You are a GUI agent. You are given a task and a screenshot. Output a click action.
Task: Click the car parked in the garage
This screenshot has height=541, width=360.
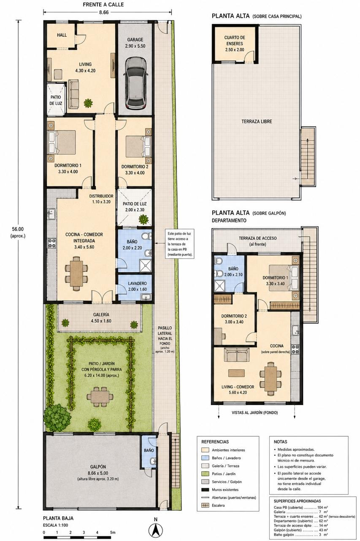[x=136, y=83]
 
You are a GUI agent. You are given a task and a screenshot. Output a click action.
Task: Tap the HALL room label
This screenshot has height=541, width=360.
[x=62, y=35]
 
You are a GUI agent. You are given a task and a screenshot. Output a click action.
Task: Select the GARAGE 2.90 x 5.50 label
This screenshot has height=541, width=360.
[x=135, y=43]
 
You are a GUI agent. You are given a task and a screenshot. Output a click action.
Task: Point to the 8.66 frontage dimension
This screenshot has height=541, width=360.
[x=104, y=12]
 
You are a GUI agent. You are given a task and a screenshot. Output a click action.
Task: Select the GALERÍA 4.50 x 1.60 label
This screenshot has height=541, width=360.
[x=101, y=317]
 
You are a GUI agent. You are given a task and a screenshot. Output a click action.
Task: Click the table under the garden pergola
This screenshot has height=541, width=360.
[x=100, y=396]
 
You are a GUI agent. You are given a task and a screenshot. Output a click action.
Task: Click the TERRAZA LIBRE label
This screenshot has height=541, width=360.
[x=257, y=121]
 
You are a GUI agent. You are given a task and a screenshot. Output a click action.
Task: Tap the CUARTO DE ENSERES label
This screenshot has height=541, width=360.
[x=235, y=41]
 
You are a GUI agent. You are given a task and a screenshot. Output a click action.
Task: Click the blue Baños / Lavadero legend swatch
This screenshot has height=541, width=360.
[x=206, y=458]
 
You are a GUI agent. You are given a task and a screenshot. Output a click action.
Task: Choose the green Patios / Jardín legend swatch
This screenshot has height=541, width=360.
[x=206, y=474]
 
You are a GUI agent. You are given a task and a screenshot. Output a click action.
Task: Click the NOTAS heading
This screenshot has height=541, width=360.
[x=280, y=442]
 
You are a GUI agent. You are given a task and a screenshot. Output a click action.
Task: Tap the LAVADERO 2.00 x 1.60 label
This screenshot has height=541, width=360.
[x=137, y=286]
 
